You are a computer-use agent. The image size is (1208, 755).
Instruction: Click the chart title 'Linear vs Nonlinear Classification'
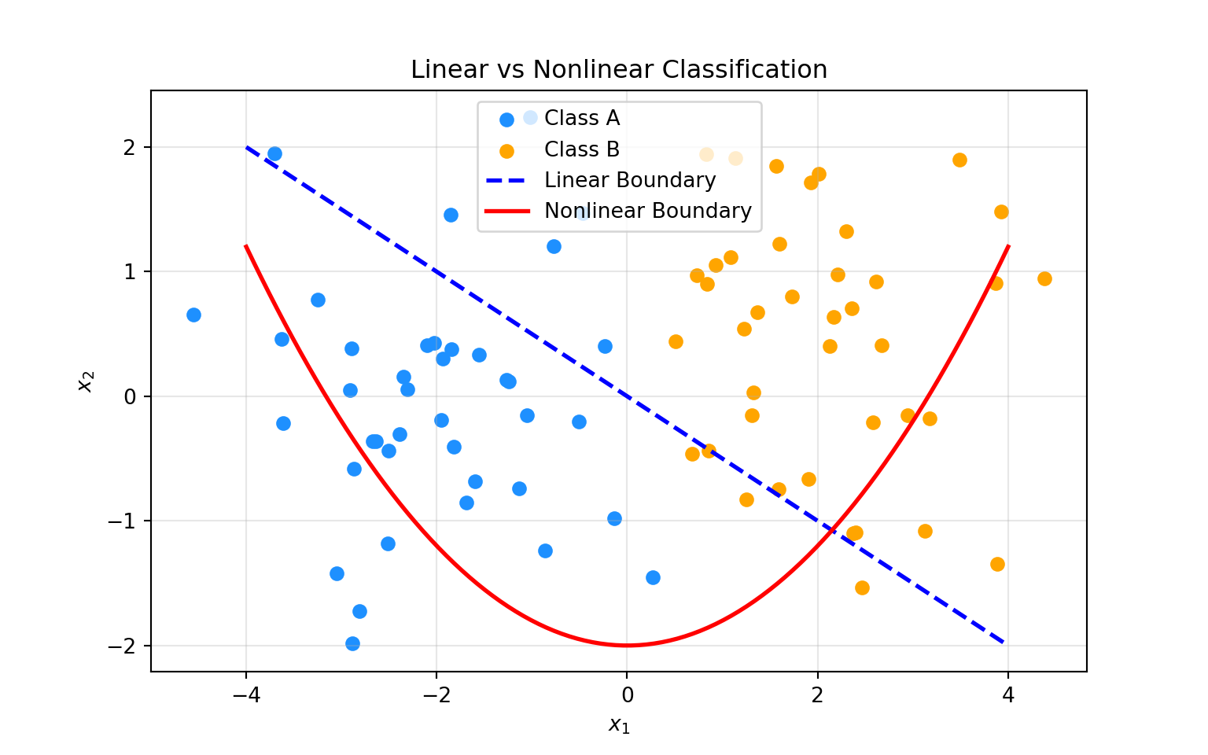(619, 70)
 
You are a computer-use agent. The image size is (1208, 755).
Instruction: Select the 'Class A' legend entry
(581, 119)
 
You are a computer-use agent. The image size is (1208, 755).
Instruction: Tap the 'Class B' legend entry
(581, 149)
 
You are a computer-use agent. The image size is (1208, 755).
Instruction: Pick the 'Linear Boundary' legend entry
(629, 180)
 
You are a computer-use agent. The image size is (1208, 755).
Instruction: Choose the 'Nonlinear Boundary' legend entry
(647, 211)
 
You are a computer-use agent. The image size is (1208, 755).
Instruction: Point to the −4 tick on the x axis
(245, 695)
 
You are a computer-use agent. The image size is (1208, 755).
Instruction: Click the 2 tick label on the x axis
(817, 695)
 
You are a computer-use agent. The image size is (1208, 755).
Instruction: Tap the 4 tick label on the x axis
(1007, 695)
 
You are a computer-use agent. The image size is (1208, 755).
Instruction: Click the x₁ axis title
(619, 725)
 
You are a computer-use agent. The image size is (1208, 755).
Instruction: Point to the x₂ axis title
(86, 381)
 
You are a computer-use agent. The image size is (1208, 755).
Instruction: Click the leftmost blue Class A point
(193, 315)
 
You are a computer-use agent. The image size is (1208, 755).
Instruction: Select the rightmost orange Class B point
(1044, 278)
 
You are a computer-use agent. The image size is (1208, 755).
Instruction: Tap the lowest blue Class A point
(352, 643)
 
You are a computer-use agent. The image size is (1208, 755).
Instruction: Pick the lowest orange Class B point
(862, 587)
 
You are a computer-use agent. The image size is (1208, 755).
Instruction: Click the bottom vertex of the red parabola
(627, 645)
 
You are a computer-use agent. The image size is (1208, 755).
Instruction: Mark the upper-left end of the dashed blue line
(247, 148)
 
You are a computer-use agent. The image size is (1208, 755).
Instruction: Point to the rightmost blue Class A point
(653, 577)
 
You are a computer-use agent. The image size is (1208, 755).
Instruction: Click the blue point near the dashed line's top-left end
(274, 153)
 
